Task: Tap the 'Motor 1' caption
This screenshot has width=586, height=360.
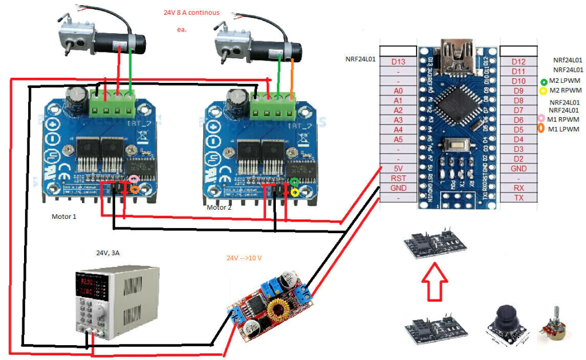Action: [x=64, y=217]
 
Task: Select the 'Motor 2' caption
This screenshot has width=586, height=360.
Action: [x=219, y=208]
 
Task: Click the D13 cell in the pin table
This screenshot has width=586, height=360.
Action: [x=398, y=62]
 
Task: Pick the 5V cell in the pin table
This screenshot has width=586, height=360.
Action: [x=398, y=169]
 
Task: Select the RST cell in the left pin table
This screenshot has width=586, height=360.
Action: [x=398, y=178]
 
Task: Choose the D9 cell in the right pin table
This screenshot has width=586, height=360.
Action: [x=518, y=90]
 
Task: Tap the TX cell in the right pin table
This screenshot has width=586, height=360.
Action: [x=518, y=198]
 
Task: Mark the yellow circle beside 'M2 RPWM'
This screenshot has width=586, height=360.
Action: [x=544, y=91]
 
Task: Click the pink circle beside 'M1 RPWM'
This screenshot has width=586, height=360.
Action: [x=541, y=119]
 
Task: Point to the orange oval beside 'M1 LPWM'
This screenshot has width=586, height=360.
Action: [x=541, y=129]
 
